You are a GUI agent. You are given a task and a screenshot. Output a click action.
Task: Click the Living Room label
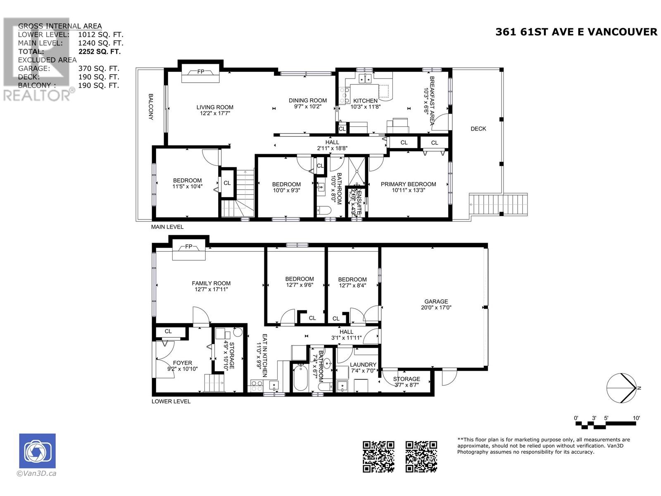click(x=214, y=107)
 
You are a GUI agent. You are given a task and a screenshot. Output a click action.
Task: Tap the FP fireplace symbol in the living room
click(x=200, y=72)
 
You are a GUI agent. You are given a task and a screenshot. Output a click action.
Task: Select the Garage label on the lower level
click(x=436, y=301)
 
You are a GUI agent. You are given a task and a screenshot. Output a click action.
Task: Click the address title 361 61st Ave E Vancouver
click(x=576, y=32)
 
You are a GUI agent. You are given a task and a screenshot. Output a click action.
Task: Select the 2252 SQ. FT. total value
click(x=99, y=52)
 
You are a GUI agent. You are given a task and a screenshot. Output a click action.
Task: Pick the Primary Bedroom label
click(x=408, y=184)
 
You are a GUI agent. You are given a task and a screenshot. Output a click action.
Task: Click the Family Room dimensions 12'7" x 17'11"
click(x=211, y=289)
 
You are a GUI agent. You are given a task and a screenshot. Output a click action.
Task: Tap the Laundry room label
click(x=363, y=365)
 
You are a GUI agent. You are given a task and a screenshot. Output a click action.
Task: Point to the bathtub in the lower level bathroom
click(x=300, y=377)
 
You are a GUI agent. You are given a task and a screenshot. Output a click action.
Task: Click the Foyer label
click(x=182, y=363)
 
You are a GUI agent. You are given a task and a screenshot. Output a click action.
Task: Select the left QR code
click(x=378, y=456)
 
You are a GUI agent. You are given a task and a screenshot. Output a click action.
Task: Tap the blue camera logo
click(x=37, y=451)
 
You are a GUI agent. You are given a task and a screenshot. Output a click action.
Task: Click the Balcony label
click(x=150, y=107)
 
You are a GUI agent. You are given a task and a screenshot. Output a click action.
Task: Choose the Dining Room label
click(x=307, y=100)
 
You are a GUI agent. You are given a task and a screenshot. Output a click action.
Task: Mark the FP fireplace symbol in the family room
click(x=189, y=247)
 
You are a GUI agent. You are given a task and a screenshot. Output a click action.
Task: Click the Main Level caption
click(x=167, y=227)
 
